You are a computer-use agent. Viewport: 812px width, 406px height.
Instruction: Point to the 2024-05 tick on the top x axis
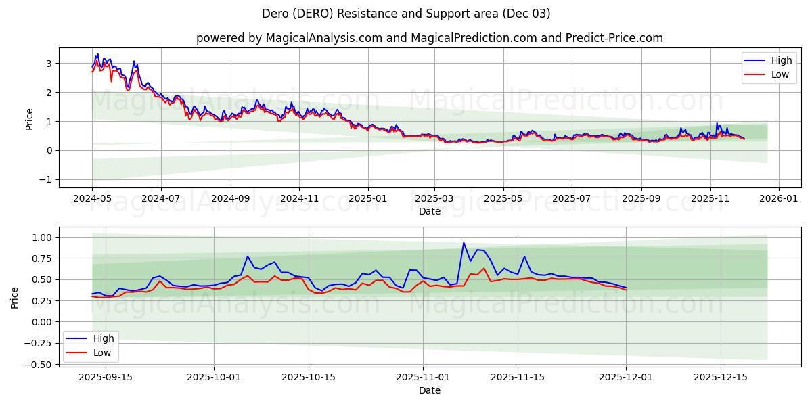point(93,199)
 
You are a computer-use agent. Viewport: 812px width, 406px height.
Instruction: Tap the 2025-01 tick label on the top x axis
point(368,199)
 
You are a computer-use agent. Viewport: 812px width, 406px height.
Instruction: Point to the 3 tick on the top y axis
point(49,64)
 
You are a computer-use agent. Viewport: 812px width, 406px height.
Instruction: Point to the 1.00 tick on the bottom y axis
point(42,238)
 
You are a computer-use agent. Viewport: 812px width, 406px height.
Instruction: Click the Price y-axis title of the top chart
point(29,118)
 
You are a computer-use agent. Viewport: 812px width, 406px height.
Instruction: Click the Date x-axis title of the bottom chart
point(429,390)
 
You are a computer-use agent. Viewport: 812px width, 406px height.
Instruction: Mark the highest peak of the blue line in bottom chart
point(464,243)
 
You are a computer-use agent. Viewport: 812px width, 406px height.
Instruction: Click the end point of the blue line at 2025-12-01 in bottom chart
point(626,287)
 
